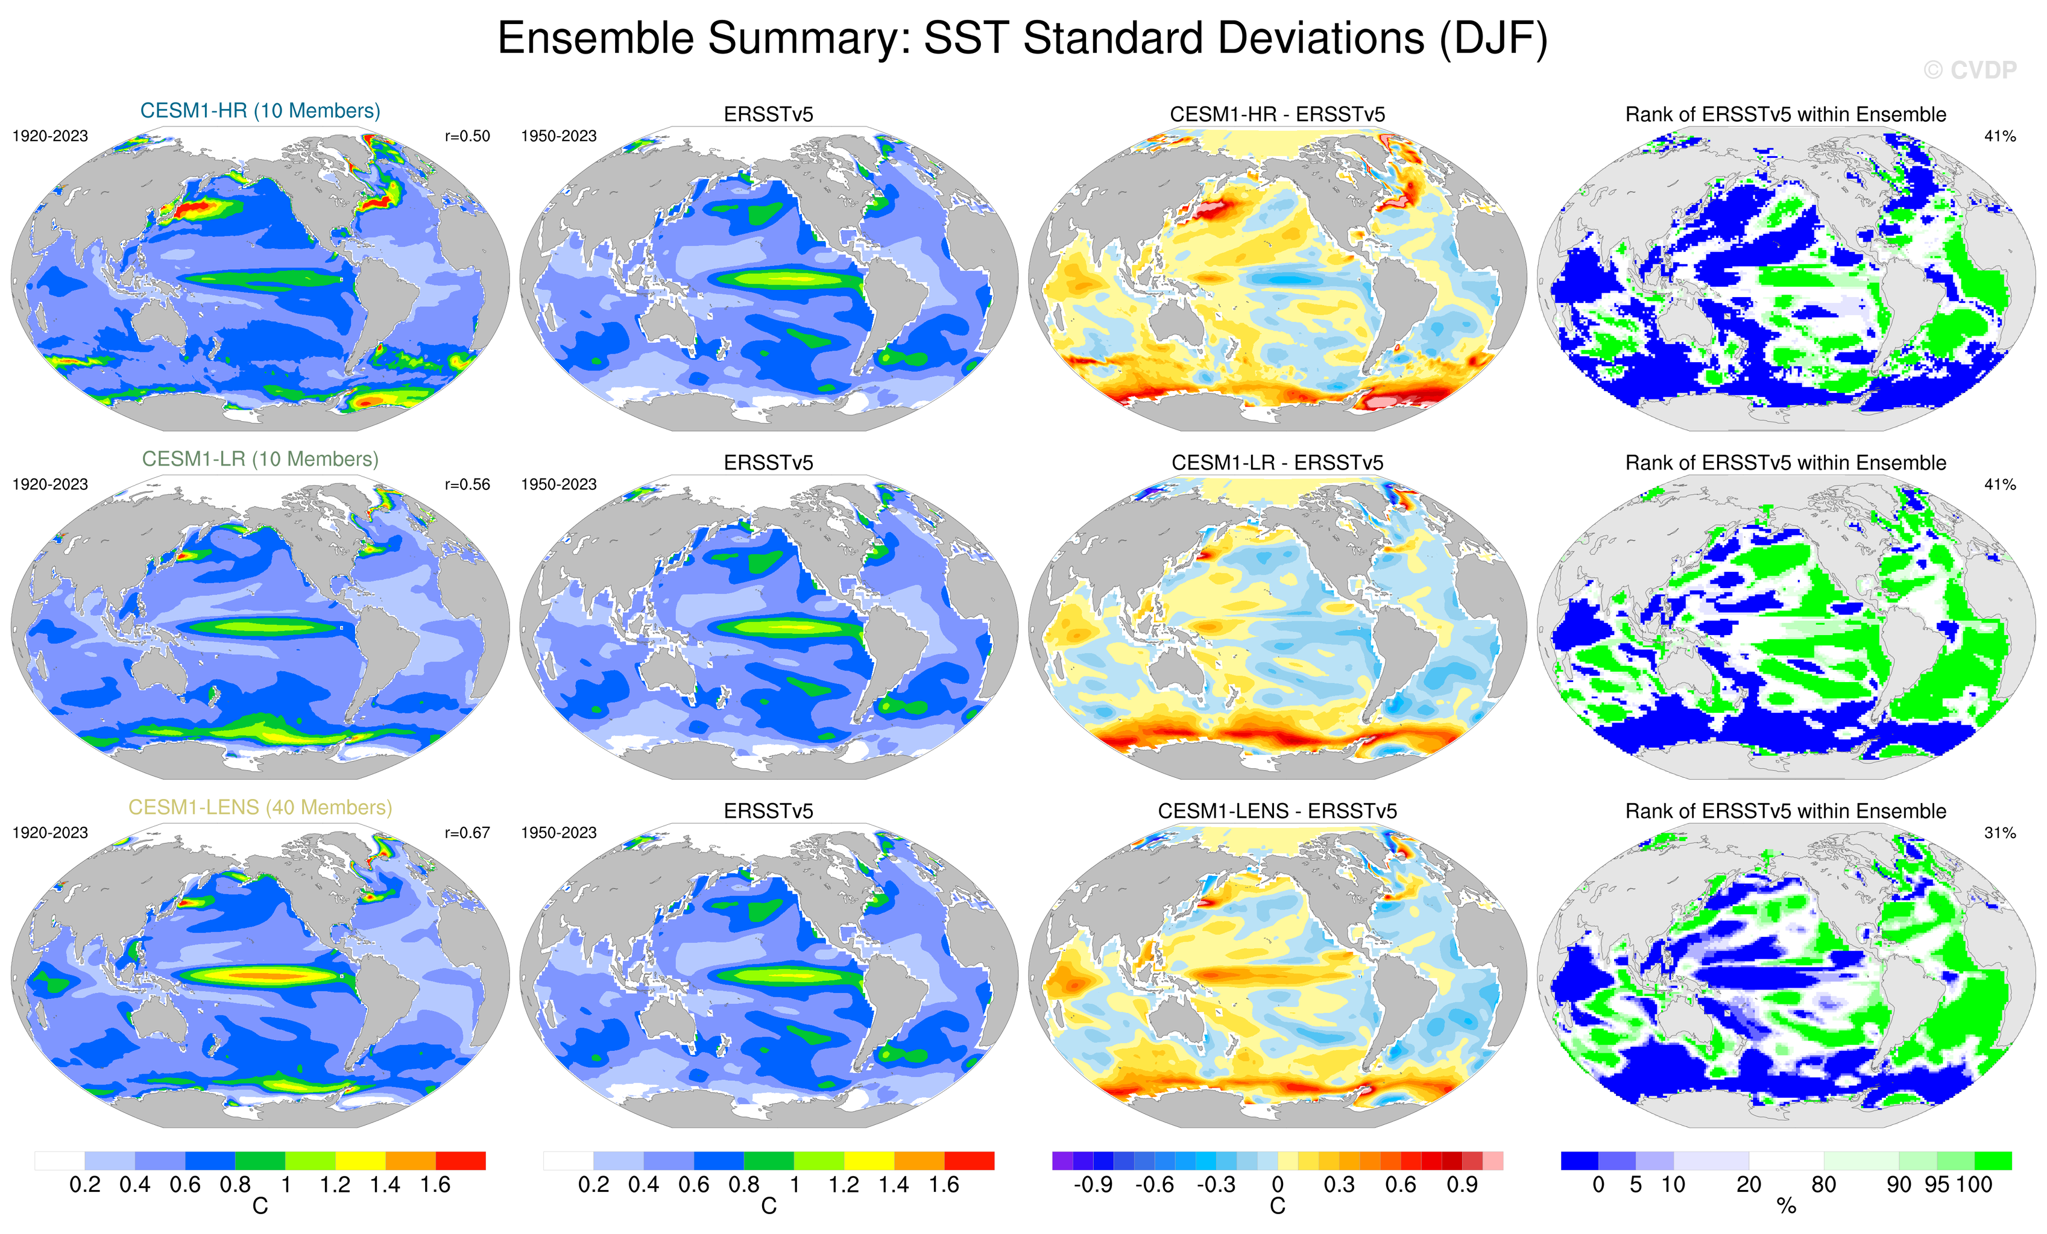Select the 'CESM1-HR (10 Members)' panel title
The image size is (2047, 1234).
260,110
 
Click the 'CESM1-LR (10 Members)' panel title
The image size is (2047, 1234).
260,459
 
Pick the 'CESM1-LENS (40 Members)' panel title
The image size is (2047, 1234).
260,807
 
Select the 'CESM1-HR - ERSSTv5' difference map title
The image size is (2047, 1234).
1277,114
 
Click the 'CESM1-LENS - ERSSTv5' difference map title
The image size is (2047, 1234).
1277,810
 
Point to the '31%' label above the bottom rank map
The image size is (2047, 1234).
1999,832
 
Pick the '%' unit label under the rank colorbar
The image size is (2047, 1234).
1786,1207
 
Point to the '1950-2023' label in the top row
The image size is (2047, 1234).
558,136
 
